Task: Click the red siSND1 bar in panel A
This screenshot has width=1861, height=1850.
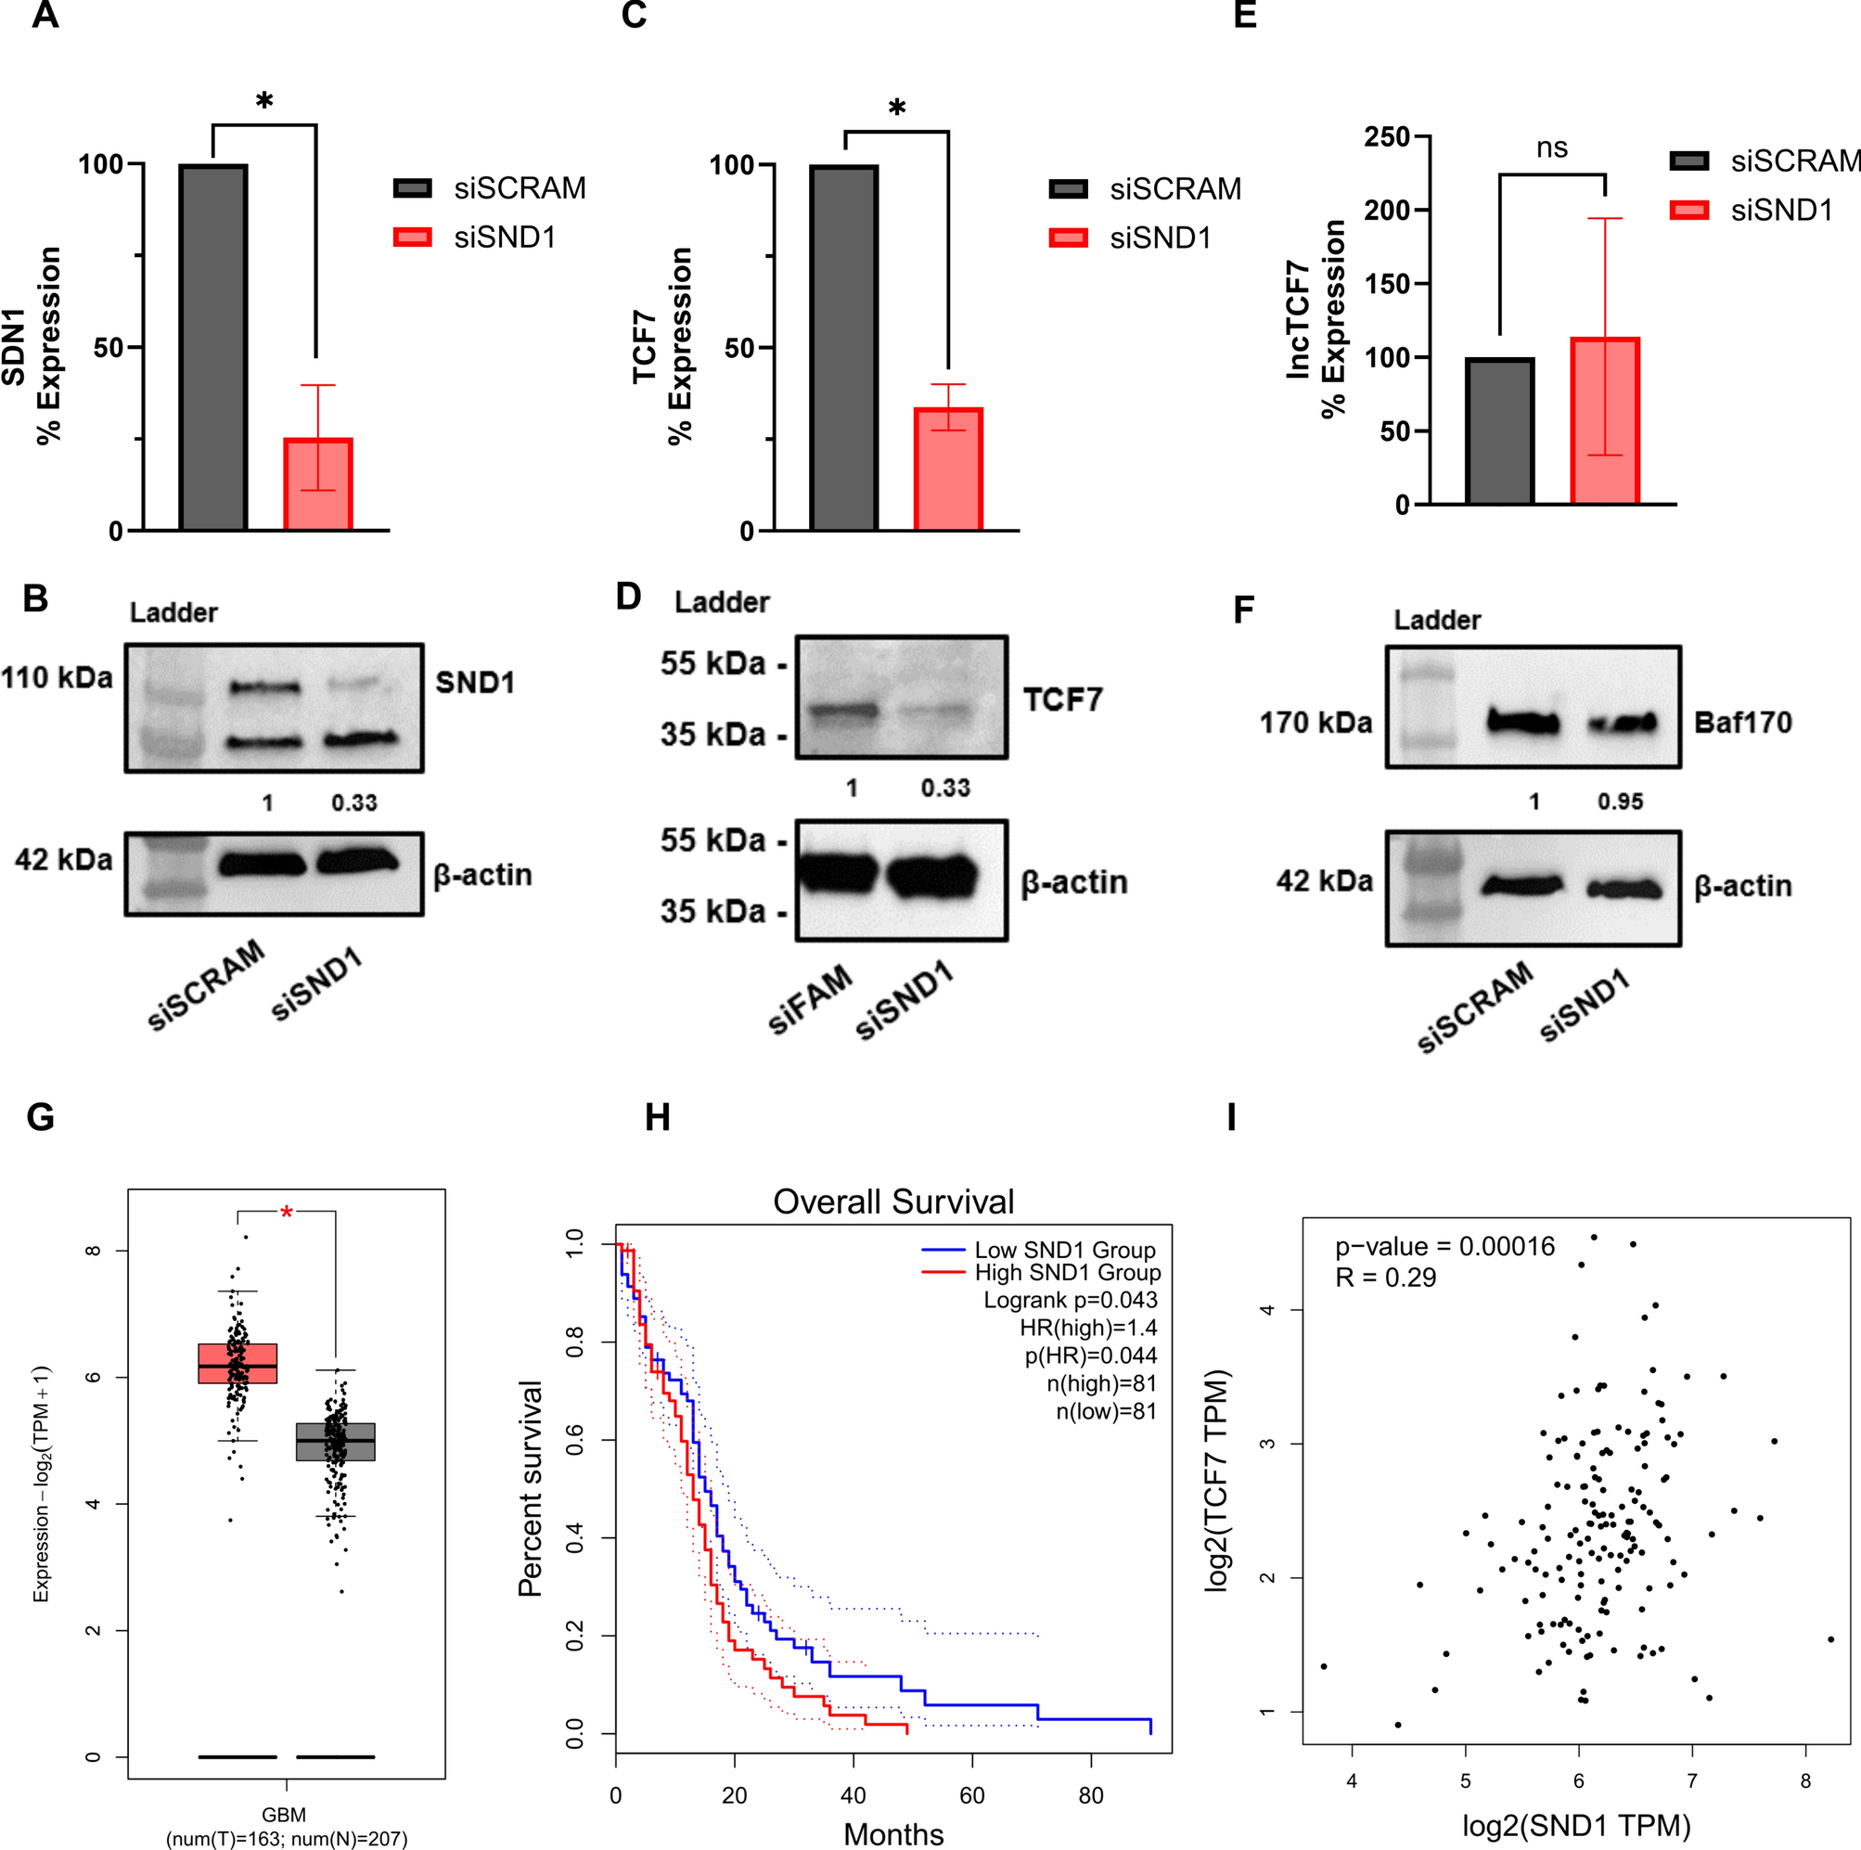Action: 318,483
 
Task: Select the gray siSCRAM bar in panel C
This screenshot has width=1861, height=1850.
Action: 844,347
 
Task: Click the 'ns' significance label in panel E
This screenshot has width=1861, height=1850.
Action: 1552,148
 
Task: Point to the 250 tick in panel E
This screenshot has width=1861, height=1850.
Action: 1386,136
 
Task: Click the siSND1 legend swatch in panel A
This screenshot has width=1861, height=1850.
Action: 412,237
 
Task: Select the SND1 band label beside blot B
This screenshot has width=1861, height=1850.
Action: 475,683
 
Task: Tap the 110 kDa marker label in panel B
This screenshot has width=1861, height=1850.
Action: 57,678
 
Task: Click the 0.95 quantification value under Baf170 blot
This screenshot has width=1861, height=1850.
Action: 1620,802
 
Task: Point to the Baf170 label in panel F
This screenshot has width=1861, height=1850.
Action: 1742,723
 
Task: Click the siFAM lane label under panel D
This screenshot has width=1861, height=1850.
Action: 810,999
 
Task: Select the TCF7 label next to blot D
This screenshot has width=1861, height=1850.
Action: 1062,700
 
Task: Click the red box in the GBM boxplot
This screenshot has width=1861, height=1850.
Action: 237,1364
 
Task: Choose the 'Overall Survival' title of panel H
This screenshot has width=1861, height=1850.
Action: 893,1201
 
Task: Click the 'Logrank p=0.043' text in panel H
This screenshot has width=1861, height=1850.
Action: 1071,1300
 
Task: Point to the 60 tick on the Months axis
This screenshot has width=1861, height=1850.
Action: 972,1795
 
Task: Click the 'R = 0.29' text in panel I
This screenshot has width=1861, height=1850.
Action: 1385,1278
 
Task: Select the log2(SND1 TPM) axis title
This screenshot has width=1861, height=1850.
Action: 1577,1826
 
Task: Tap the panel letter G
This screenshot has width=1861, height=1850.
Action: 41,1117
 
